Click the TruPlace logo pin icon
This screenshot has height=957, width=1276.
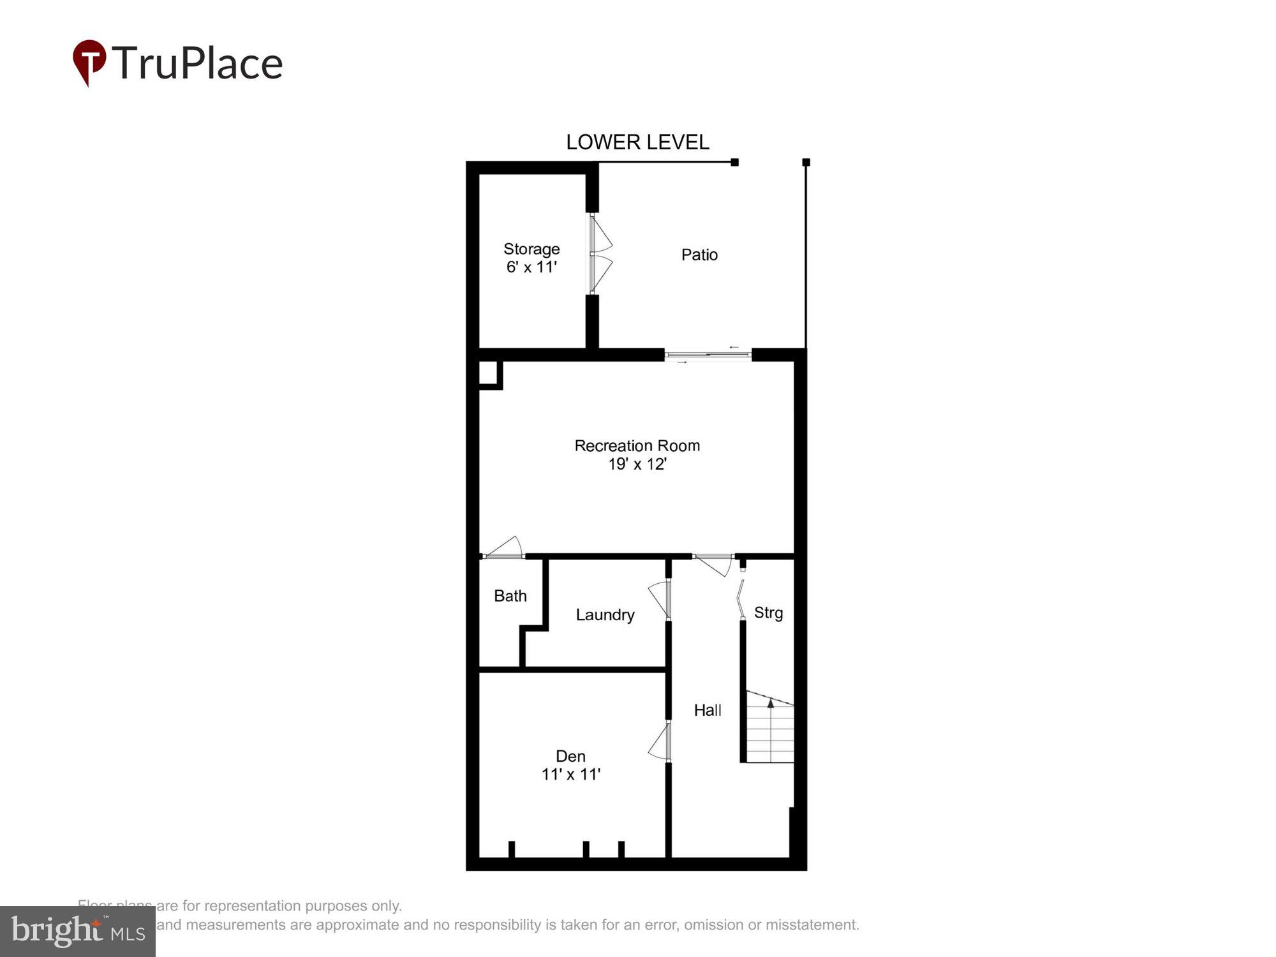pos(89,61)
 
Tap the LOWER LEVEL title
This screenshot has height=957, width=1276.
pos(637,142)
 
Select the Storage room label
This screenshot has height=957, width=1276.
pos(531,249)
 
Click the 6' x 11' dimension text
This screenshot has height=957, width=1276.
pos(531,267)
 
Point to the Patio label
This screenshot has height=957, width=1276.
pos(699,255)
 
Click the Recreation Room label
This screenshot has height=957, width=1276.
pos(637,445)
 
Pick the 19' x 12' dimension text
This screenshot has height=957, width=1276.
pos(637,464)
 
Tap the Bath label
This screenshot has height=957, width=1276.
pos(510,596)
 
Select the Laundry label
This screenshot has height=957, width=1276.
pos(605,614)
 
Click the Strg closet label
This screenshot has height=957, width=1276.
pos(768,612)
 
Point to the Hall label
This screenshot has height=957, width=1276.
pos(708,710)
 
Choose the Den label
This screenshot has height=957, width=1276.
pos(570,756)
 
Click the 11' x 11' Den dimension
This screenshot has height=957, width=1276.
pos(570,775)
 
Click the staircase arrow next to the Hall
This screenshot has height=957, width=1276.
pos(771,704)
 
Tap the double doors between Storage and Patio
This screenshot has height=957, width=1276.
pos(600,254)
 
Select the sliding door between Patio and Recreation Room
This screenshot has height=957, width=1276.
pos(708,355)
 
